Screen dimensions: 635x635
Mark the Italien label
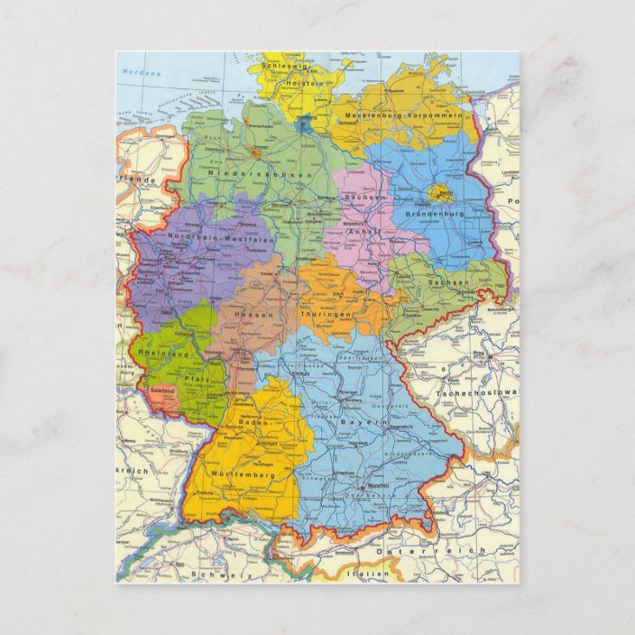373,573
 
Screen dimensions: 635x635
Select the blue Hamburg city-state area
305,122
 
